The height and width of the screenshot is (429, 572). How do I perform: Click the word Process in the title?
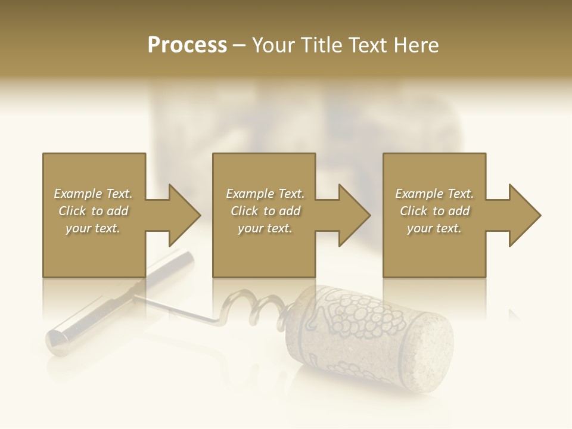click(187, 45)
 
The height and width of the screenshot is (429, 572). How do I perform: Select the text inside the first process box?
click(93, 211)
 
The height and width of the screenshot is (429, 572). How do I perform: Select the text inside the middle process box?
click(265, 211)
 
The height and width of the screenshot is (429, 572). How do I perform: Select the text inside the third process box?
click(434, 211)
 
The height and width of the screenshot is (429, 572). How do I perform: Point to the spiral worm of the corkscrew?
click(250, 307)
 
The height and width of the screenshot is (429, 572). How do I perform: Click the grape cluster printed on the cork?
click(352, 316)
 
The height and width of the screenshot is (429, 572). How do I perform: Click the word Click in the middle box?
click(243, 211)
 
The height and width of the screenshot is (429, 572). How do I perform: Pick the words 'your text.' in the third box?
click(434, 228)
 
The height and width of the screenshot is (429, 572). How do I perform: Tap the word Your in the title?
click(273, 45)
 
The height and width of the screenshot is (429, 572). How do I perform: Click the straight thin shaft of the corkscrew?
click(179, 310)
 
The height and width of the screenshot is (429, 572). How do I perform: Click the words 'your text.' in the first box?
click(93, 228)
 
